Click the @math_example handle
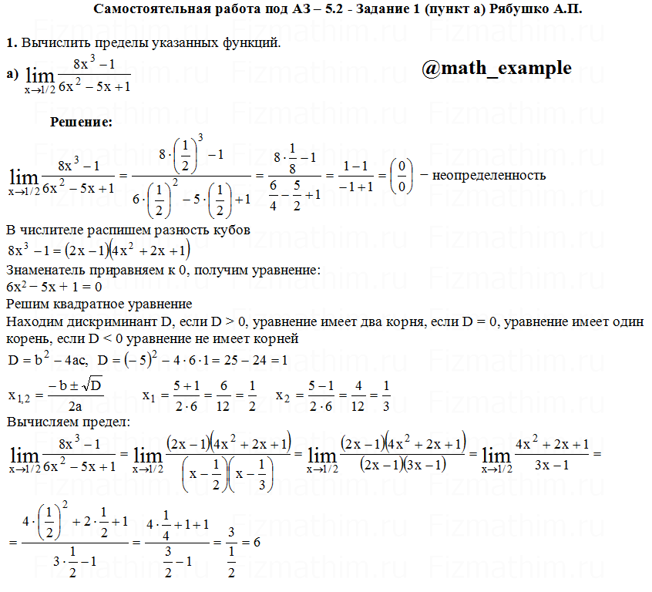click(x=496, y=69)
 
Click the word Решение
click(x=82, y=122)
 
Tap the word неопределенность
click(x=489, y=175)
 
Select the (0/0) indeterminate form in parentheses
click(x=400, y=176)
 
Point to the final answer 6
click(x=256, y=542)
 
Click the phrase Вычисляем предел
click(x=68, y=422)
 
